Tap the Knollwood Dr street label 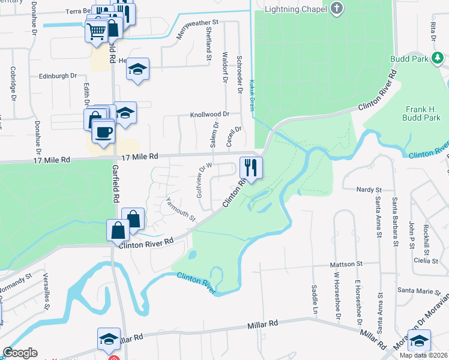(x=210, y=114)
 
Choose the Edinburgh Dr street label (x=58, y=76)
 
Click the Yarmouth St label (x=181, y=209)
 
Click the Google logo (x=20, y=353)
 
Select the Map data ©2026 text (x=423, y=355)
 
